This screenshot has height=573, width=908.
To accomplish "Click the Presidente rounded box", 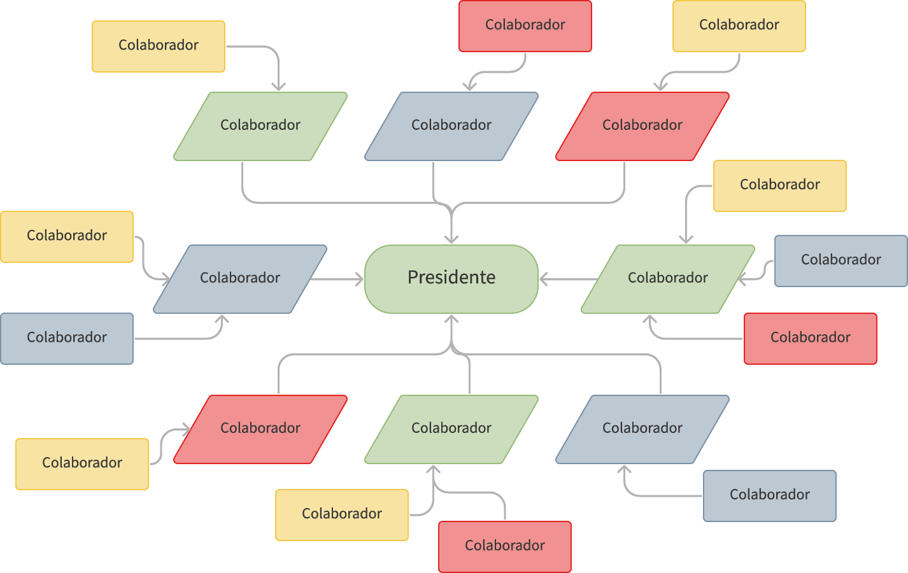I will (451, 278).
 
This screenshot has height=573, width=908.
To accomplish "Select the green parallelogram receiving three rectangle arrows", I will (667, 278).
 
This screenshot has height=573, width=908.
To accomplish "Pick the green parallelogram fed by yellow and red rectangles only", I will (451, 428).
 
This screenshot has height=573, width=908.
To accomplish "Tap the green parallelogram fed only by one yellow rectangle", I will (260, 125).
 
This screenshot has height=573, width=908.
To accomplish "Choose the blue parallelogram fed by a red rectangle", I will (451, 125).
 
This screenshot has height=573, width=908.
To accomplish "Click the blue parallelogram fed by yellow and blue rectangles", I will (240, 278).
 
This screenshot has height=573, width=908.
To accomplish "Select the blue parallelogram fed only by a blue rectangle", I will (642, 428).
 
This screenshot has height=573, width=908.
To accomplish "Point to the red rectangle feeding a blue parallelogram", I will (525, 25).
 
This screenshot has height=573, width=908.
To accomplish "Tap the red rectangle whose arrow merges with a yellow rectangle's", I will (505, 546).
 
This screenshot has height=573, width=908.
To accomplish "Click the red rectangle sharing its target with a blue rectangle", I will (811, 338).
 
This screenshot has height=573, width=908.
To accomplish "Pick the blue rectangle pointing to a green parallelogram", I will (841, 260).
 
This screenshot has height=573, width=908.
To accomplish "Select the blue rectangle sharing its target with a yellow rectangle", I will (67, 338).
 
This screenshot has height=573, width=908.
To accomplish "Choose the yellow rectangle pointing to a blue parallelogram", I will (67, 236).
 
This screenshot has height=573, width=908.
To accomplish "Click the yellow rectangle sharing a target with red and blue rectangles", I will (780, 185).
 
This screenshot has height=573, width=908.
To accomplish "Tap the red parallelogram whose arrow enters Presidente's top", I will (642, 125).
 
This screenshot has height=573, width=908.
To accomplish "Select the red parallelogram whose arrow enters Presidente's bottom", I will (260, 428).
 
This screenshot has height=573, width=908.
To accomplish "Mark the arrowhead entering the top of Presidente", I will (451, 239).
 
